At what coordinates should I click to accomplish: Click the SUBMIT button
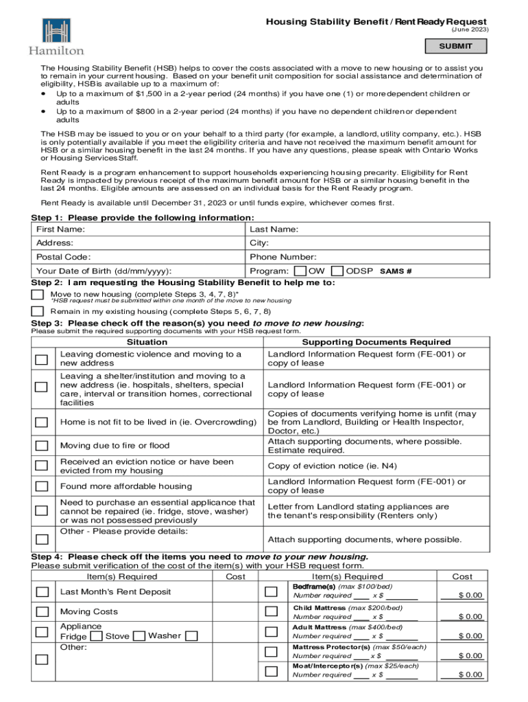tap(455, 47)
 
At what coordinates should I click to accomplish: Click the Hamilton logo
tap(56, 36)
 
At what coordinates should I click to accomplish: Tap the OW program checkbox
tap(300, 271)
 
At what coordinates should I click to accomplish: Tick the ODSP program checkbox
tap(337, 271)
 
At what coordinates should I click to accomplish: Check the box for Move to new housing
tap(38, 295)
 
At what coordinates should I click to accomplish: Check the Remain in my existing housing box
tap(38, 311)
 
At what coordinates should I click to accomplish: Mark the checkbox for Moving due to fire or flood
tap(43, 446)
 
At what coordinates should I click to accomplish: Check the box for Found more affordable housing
tap(43, 486)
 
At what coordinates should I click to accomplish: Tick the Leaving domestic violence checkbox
tap(43, 359)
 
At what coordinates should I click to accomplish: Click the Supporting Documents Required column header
tap(376, 342)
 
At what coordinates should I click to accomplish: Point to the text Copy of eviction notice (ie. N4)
tap(332, 466)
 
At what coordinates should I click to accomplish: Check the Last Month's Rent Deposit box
tap(43, 592)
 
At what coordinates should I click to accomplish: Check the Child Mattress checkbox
tap(272, 612)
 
